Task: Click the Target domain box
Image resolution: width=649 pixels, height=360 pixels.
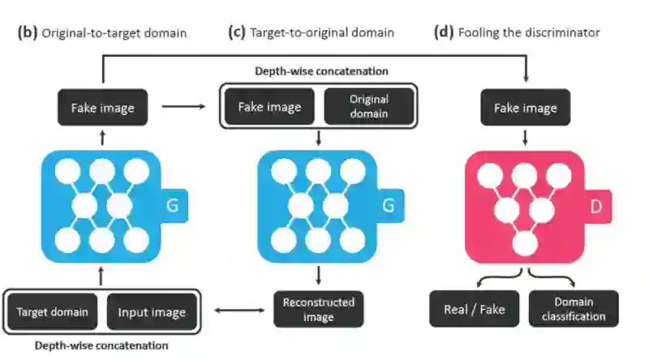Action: pos(53,312)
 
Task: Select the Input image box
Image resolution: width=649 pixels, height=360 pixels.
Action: pos(152,312)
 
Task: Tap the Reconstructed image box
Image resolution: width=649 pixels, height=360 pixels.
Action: pos(318,309)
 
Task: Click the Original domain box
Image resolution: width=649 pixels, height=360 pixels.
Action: pos(369,106)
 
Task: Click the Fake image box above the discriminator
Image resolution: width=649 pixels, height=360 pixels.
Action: pos(526,107)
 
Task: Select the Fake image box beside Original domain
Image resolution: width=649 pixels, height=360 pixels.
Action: pos(268,106)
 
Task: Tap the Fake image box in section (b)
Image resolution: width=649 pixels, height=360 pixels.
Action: pos(102,107)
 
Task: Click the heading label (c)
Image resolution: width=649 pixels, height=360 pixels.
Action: pos(236,32)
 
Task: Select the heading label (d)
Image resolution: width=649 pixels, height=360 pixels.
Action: pos(443,32)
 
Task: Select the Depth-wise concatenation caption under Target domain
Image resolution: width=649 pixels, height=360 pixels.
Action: pos(101,345)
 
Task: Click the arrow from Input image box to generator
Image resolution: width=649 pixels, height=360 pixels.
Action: pos(101,276)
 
